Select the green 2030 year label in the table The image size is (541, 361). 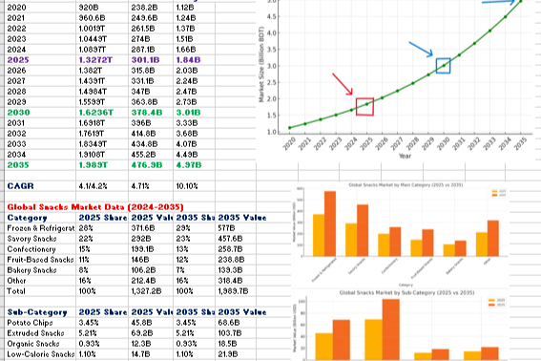(21, 112)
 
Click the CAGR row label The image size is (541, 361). (21, 185)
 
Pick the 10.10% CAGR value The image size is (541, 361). (190, 185)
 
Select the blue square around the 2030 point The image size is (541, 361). (443, 65)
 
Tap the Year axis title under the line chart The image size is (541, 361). (406, 155)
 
